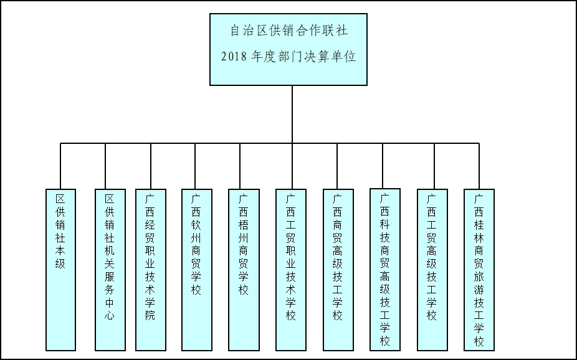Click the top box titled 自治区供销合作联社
pos(288,49)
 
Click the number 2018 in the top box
pos(234,57)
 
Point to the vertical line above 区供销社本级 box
pos(60,166)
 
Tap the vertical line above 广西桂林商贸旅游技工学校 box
pos(479,166)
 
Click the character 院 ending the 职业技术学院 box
pos(150,316)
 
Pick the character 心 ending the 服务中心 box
pos(109,316)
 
